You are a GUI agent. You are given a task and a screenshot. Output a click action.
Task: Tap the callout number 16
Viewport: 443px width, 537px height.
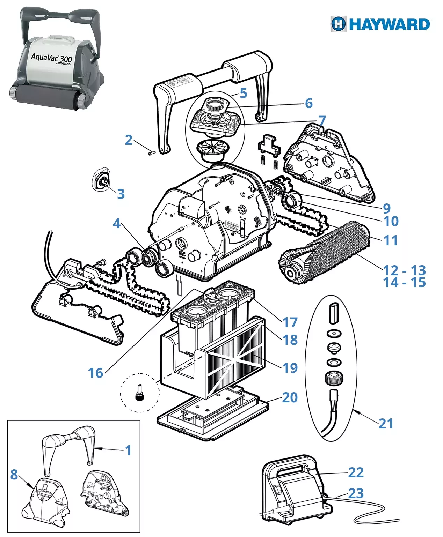tap(95, 373)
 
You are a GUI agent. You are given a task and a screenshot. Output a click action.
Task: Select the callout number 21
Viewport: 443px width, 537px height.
tap(386, 424)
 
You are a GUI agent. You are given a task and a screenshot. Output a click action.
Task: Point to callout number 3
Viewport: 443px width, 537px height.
tap(121, 194)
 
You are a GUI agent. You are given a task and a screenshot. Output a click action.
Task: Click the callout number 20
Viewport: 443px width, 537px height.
tap(290, 397)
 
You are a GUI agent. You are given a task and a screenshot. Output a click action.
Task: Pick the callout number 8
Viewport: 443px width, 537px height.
tap(14, 474)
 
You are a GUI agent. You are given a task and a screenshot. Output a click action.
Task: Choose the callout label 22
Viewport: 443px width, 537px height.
tap(356, 472)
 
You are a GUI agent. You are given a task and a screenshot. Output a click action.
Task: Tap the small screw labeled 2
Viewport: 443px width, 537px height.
tap(151, 153)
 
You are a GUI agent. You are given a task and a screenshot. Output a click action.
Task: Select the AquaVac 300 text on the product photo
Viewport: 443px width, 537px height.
tap(51, 58)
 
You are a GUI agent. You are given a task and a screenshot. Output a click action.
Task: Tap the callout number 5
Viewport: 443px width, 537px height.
tap(244, 93)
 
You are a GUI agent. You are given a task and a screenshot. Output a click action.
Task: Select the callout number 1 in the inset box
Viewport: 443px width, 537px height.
tap(128, 450)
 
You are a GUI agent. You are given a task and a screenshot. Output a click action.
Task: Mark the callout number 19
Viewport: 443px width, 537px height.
tap(290, 368)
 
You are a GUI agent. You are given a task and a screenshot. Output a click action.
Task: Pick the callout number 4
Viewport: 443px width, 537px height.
tap(117, 223)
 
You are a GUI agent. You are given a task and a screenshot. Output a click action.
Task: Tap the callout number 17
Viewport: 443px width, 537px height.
tap(290, 323)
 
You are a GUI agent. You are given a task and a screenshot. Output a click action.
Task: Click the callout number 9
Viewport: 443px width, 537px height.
tap(386, 208)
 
